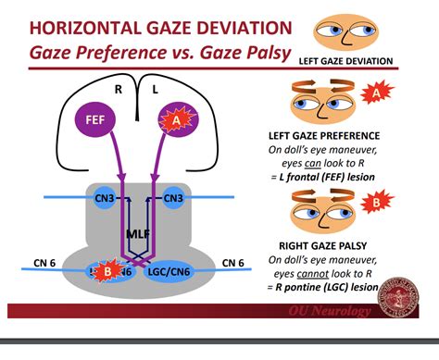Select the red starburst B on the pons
[x=107, y=270]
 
